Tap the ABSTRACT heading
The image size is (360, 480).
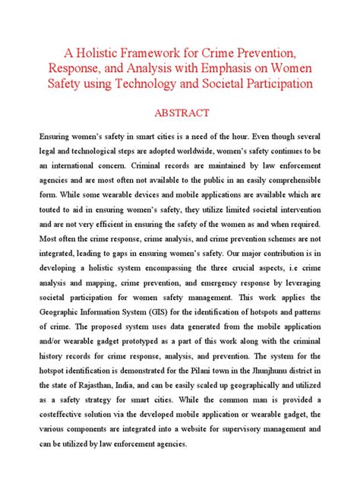(x=181, y=113)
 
